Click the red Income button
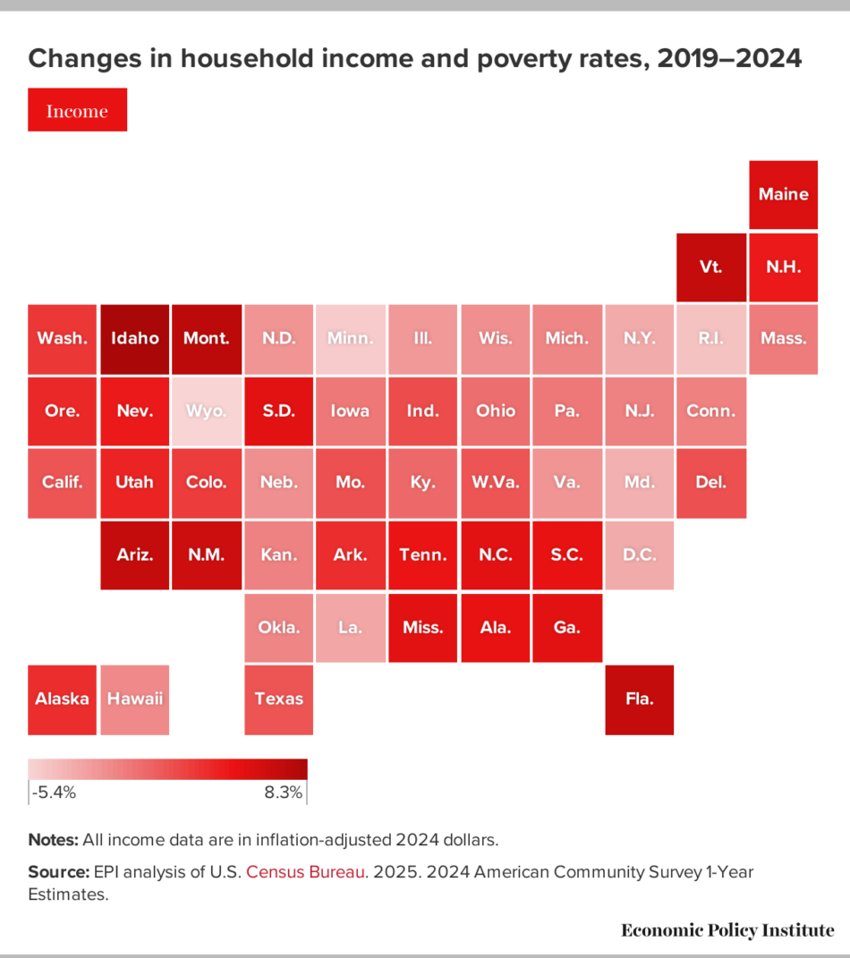coord(77,110)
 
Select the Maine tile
coord(783,194)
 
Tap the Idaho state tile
coord(135,338)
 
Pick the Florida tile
coord(639,699)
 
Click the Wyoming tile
coord(207,411)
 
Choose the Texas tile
coord(279,699)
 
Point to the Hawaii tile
coord(135,699)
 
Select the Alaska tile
coord(63,699)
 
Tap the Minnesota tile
coord(351,338)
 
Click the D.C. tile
coord(639,555)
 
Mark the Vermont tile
coord(710,267)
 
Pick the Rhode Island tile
coord(710,338)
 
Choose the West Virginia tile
coord(495,482)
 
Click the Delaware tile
coord(710,482)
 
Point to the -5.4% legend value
coord(54,793)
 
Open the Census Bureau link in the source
coord(306,871)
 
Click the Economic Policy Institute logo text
coord(727,930)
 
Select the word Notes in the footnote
coord(53,840)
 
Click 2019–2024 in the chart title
coord(728,59)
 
